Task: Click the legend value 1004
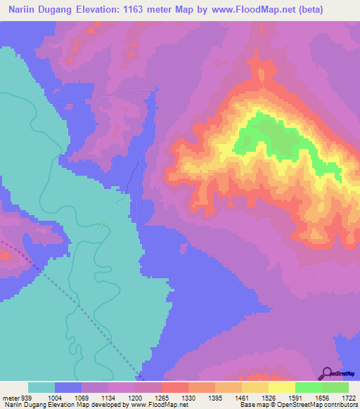coord(55,397)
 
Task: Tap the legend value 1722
coord(348,397)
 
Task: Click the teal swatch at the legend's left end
coord(41,387)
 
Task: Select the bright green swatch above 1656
coord(308,387)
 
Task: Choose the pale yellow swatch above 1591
coord(281,387)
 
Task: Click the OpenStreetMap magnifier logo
coord(327,372)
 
